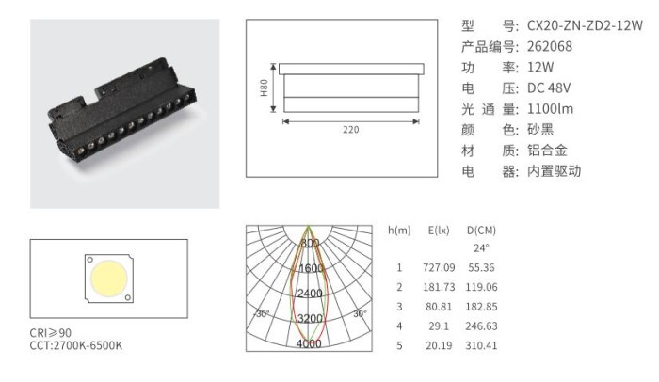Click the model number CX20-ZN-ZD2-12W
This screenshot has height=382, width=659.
(585, 25)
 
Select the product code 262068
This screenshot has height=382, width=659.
(549, 46)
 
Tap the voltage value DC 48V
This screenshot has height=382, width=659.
(549, 88)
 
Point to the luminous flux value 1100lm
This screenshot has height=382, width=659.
(550, 109)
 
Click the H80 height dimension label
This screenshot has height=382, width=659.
(264, 88)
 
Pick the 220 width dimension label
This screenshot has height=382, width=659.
(350, 130)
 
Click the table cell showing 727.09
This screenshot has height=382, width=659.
(439, 267)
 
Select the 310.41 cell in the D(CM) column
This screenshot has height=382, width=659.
(481, 345)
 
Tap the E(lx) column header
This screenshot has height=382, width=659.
(439, 231)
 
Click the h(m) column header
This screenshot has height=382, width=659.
(399, 231)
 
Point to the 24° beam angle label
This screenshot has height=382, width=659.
(481, 248)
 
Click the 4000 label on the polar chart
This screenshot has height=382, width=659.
(309, 343)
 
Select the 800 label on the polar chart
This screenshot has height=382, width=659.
(310, 243)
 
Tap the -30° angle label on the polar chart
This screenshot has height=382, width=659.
(262, 313)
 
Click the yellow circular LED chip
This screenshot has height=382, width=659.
(109, 279)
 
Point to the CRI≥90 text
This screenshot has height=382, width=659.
(51, 333)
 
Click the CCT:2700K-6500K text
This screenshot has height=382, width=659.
(76, 345)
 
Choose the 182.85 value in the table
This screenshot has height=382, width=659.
(481, 307)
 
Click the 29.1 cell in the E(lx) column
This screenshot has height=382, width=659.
(439, 326)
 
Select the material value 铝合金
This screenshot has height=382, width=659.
(547, 151)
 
